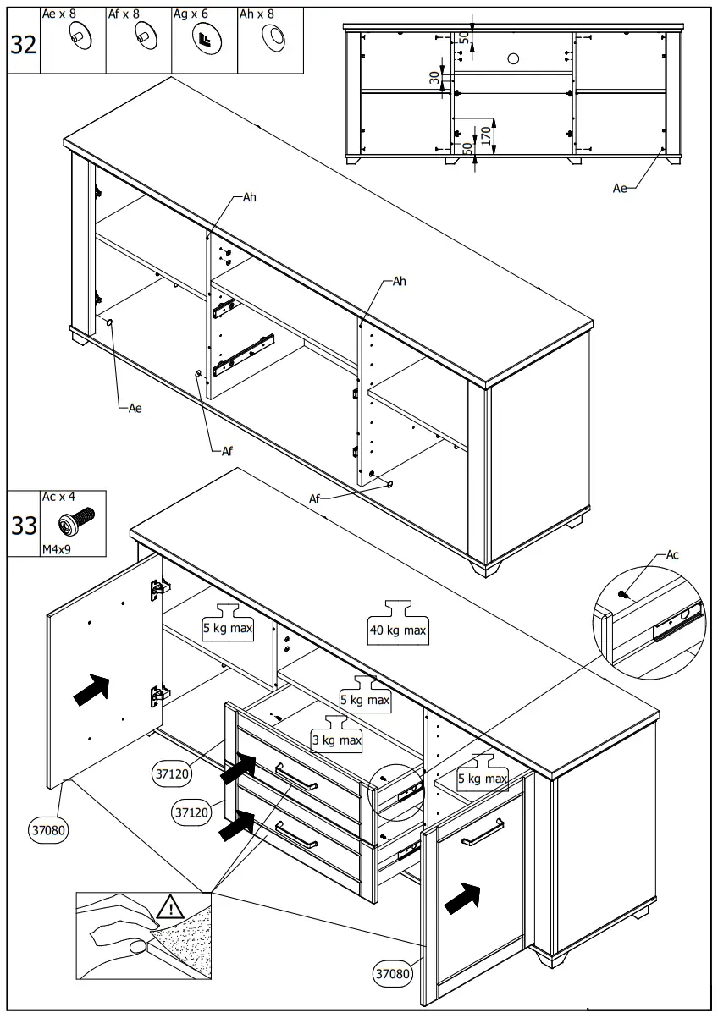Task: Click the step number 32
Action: (24, 45)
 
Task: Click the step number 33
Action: (24, 526)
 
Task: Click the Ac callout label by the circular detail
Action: (672, 555)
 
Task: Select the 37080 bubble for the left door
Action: (50, 830)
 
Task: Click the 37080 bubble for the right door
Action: (393, 974)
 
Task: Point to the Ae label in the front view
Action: (621, 188)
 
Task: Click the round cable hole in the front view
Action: (513, 58)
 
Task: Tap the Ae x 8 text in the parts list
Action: (59, 14)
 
